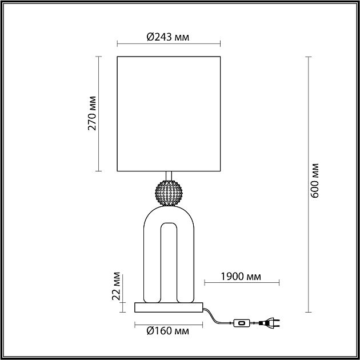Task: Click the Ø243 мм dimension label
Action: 168,37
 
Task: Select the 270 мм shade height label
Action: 92,113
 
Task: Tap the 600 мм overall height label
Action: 314,181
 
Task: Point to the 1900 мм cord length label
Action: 241,277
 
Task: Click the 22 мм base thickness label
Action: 116,286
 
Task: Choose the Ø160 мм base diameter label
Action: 168,331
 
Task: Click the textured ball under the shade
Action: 169,193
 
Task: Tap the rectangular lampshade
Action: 169,114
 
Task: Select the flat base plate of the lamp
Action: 169,307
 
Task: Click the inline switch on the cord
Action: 242,323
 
